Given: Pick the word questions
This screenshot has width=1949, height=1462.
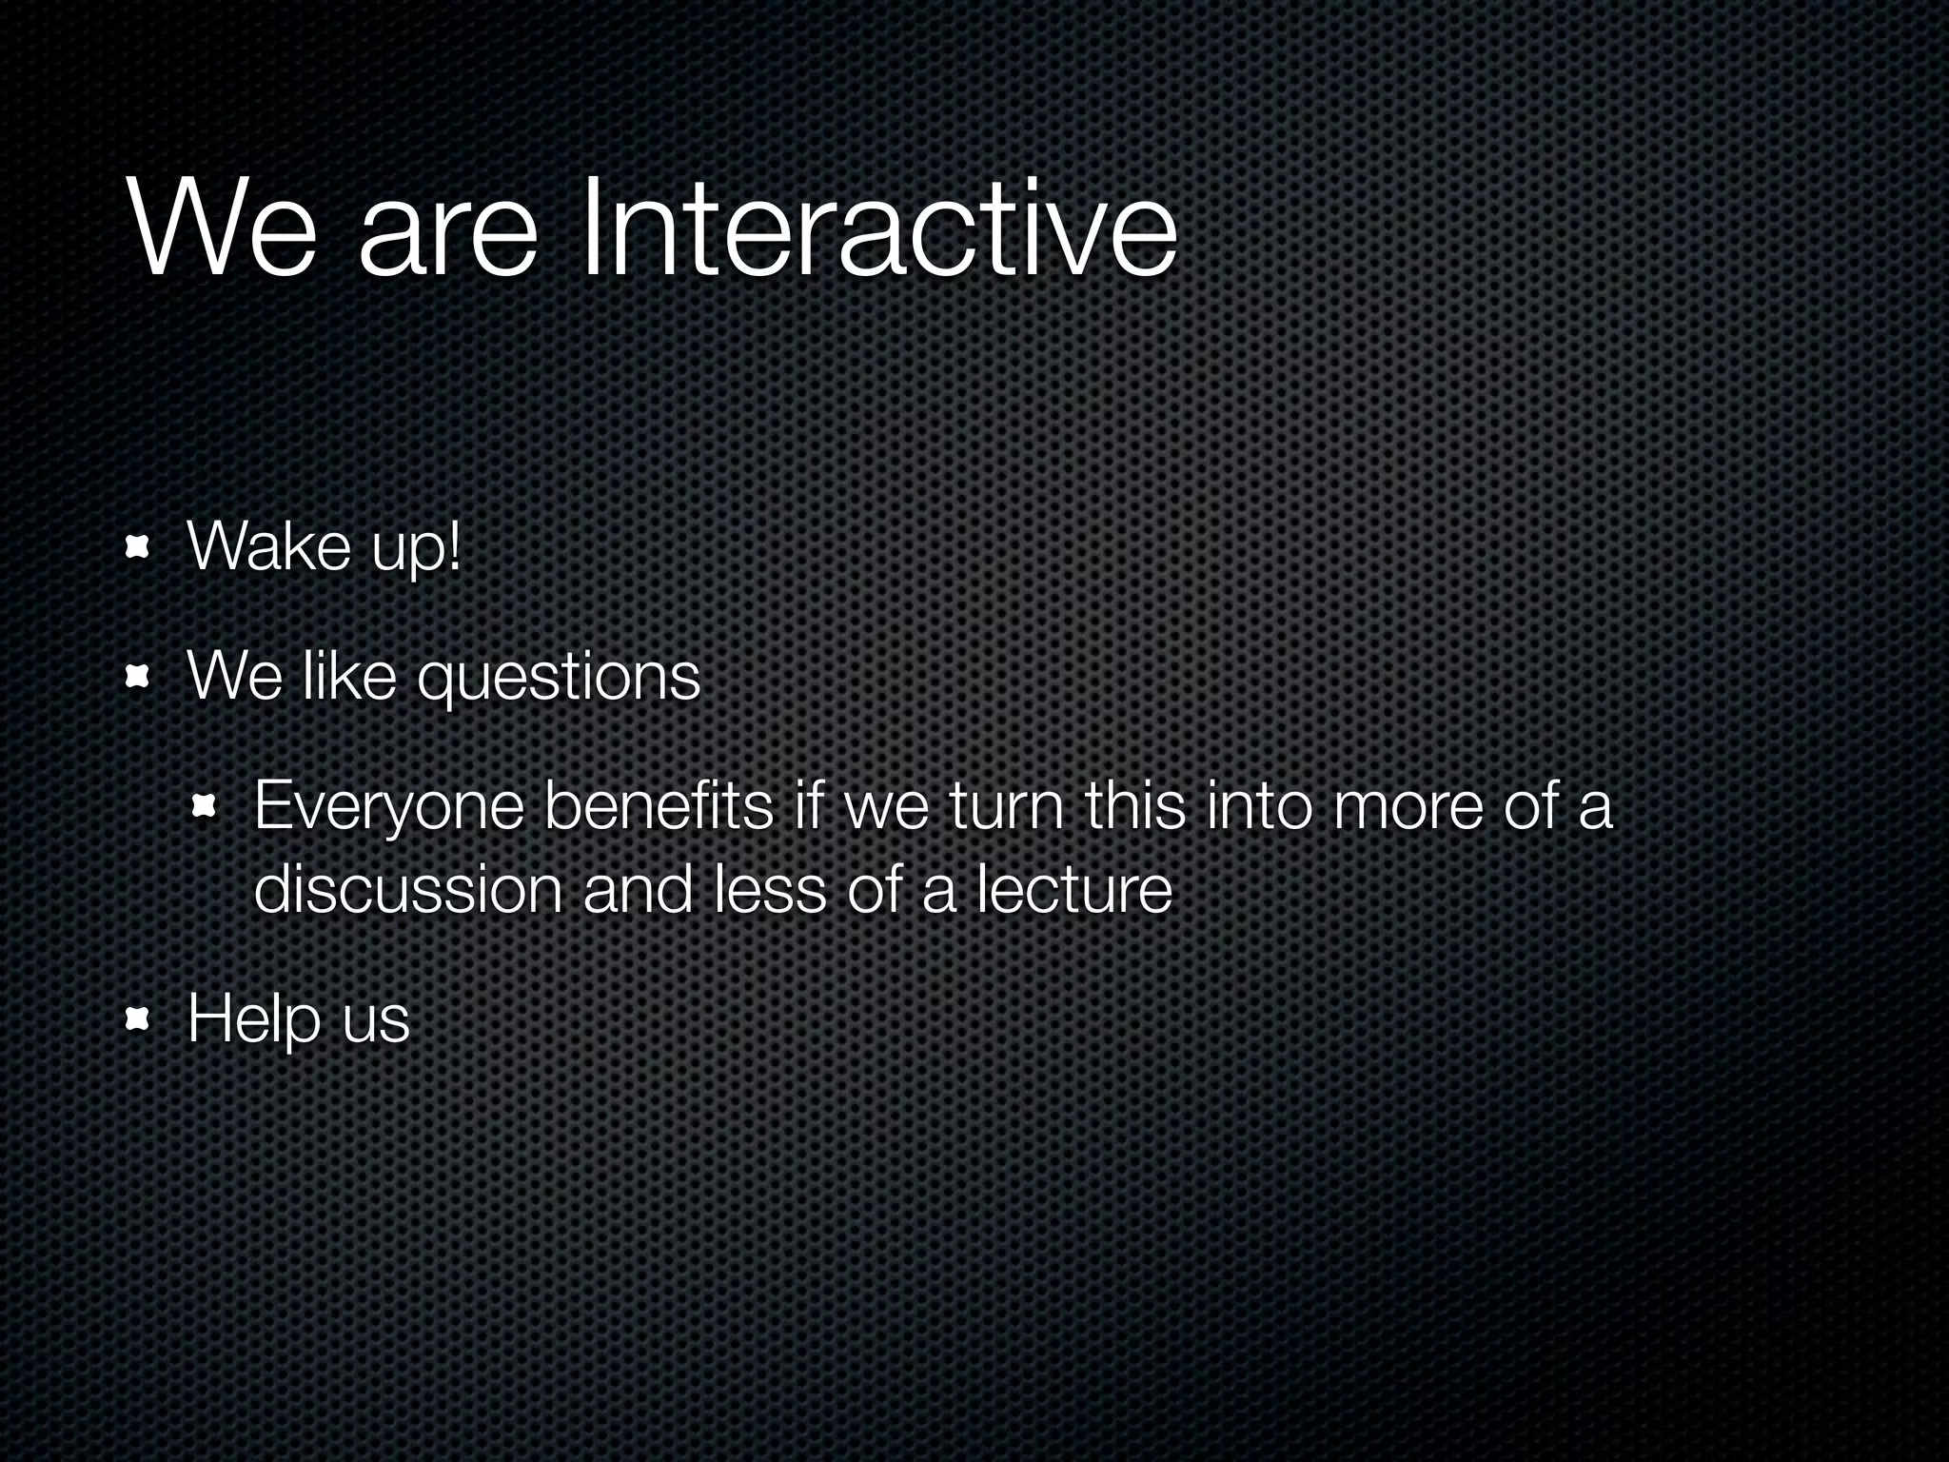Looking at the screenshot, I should click(x=560, y=678).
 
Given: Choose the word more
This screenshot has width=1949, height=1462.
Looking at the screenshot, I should click(x=1408, y=806).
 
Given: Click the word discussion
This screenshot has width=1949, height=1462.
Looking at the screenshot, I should click(x=408, y=890).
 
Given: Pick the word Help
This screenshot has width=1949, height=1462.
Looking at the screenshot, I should click(x=253, y=1020).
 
